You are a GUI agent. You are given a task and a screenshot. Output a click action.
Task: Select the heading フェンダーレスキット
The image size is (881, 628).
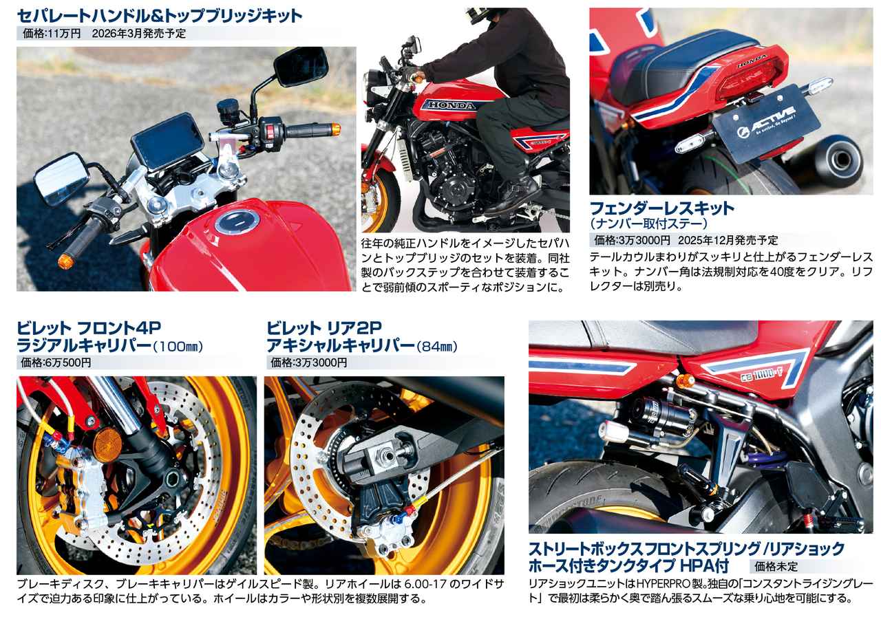(662, 208)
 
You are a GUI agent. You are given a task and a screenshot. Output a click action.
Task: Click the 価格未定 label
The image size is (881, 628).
(776, 567)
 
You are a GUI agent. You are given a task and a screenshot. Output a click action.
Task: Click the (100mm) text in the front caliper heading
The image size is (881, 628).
(181, 345)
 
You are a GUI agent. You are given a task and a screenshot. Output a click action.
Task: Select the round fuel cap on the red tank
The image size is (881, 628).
(237, 223)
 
